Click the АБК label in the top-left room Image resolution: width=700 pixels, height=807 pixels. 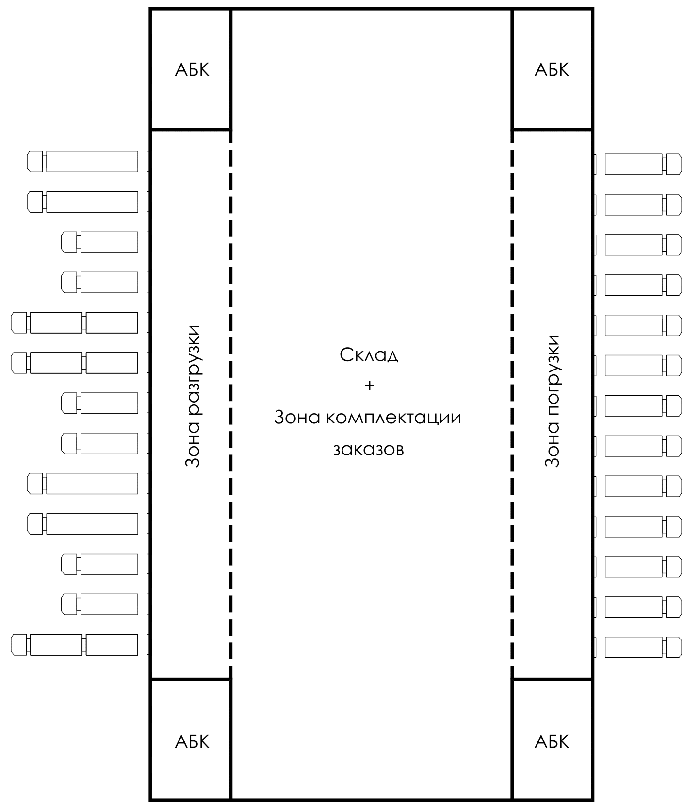coord(192,70)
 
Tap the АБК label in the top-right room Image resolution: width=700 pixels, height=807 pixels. coord(552,70)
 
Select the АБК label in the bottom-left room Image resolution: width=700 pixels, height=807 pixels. coord(192,742)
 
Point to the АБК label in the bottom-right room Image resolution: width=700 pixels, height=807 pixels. coord(552,742)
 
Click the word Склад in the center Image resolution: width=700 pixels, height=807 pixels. coord(369,355)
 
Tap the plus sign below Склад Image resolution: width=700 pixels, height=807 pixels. coord(370,386)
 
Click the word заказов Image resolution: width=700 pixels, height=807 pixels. coord(368,449)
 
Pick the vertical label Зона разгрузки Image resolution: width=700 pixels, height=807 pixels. coord(193,396)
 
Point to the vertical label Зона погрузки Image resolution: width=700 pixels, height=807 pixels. coord(552,401)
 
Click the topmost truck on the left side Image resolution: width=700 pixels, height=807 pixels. coord(82,162)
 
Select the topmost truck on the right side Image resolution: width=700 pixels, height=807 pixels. coord(643,165)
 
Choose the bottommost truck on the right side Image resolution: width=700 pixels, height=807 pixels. coord(643,647)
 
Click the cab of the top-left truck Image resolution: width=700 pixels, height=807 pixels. coord(35,162)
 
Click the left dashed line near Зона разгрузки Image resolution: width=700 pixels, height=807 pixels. coord(230,403)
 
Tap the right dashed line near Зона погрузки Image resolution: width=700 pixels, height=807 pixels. coord(512,403)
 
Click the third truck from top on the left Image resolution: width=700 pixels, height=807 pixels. coord(100,242)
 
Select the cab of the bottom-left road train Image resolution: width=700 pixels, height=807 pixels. coord(19,644)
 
